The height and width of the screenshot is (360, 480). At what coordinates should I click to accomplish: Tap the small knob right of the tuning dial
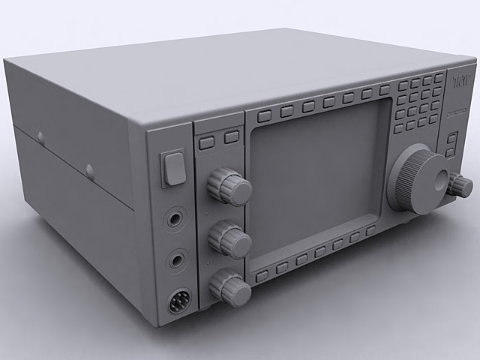pos(458,184)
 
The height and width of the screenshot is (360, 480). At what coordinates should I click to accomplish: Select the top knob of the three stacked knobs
pos(229,186)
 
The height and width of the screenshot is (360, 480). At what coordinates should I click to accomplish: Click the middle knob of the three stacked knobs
pos(229,239)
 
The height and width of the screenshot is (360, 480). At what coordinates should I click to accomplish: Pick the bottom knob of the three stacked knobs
pos(229,287)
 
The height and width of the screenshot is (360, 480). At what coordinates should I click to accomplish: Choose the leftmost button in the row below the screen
pos(262,276)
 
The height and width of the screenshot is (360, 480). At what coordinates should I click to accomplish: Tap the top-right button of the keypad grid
pos(439,78)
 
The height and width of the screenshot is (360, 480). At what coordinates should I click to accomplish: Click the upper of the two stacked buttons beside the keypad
pos(451,137)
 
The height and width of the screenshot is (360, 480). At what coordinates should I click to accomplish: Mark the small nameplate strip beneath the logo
pos(457,112)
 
